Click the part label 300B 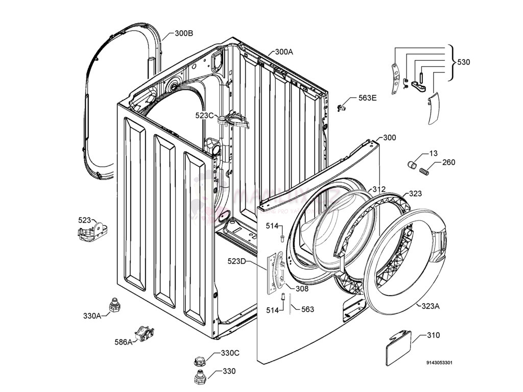coord(184,34)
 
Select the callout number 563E coord(367,99)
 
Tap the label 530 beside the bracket coord(464,62)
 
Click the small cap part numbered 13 coord(413,164)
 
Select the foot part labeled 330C coord(199,360)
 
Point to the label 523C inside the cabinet coord(204,115)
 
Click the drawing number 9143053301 coord(439,363)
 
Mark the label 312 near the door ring coord(378,189)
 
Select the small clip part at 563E coord(342,107)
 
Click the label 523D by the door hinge coord(237,262)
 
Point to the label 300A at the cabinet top coord(284,52)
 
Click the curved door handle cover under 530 coord(432,108)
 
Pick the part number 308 coord(302,289)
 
